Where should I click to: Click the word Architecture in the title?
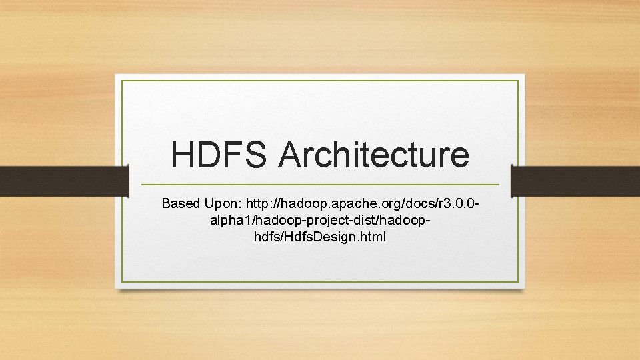373,155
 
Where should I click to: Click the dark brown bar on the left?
64,181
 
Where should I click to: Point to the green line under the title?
320,185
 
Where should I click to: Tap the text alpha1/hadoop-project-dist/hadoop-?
320,220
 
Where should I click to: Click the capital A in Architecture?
290,155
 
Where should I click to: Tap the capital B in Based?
166,203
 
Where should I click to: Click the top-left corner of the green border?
122,81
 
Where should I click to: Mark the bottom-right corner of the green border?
518,281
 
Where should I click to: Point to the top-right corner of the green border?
518,81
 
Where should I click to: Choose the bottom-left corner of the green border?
122,281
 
